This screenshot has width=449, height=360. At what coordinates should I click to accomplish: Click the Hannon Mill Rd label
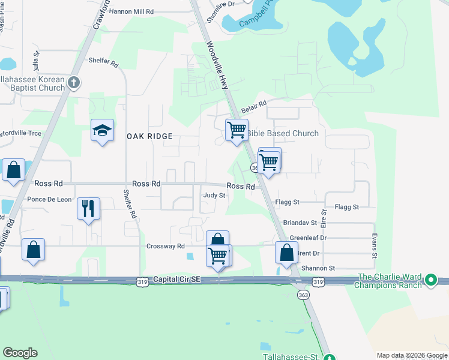click(x=131, y=11)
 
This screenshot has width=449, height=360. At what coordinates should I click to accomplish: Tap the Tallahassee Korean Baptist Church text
click(x=32, y=83)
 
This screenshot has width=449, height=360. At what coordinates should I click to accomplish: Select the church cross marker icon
click(x=74, y=82)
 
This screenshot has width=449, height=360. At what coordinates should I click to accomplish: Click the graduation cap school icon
click(x=102, y=130)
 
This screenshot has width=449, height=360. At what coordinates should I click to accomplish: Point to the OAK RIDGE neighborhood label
click(x=149, y=137)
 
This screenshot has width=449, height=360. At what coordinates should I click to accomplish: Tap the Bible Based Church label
click(x=283, y=133)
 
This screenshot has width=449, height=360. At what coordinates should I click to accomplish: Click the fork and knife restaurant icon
click(x=88, y=209)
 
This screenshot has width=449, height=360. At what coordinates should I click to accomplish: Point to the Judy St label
click(x=214, y=195)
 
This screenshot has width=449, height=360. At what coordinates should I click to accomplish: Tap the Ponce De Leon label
click(x=49, y=199)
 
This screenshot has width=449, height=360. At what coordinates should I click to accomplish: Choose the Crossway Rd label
click(x=165, y=246)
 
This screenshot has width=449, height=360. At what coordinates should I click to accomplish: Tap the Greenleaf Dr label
click(x=307, y=238)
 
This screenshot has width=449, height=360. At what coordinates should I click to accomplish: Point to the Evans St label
click(x=374, y=246)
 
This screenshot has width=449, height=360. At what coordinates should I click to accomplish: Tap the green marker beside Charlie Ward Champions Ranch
click(x=430, y=280)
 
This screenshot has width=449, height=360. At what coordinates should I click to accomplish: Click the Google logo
click(x=20, y=353)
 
